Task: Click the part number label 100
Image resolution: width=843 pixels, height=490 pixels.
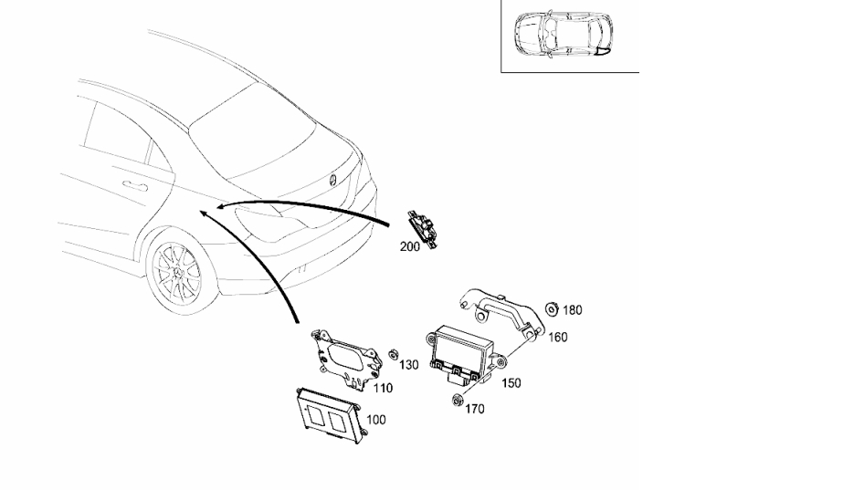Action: pyautogui.click(x=375, y=420)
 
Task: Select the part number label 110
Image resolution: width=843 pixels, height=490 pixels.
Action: pyautogui.click(x=383, y=388)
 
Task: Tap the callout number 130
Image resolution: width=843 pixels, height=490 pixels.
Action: pyautogui.click(x=408, y=365)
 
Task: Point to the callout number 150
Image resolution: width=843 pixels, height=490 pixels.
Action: pyautogui.click(x=511, y=383)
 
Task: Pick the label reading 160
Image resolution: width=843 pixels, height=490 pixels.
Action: pyautogui.click(x=557, y=338)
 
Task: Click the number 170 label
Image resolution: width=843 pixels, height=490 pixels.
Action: pyautogui.click(x=474, y=409)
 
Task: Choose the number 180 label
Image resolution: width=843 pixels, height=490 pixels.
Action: pyautogui.click(x=572, y=309)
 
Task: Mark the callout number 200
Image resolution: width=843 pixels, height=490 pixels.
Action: pyautogui.click(x=409, y=246)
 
